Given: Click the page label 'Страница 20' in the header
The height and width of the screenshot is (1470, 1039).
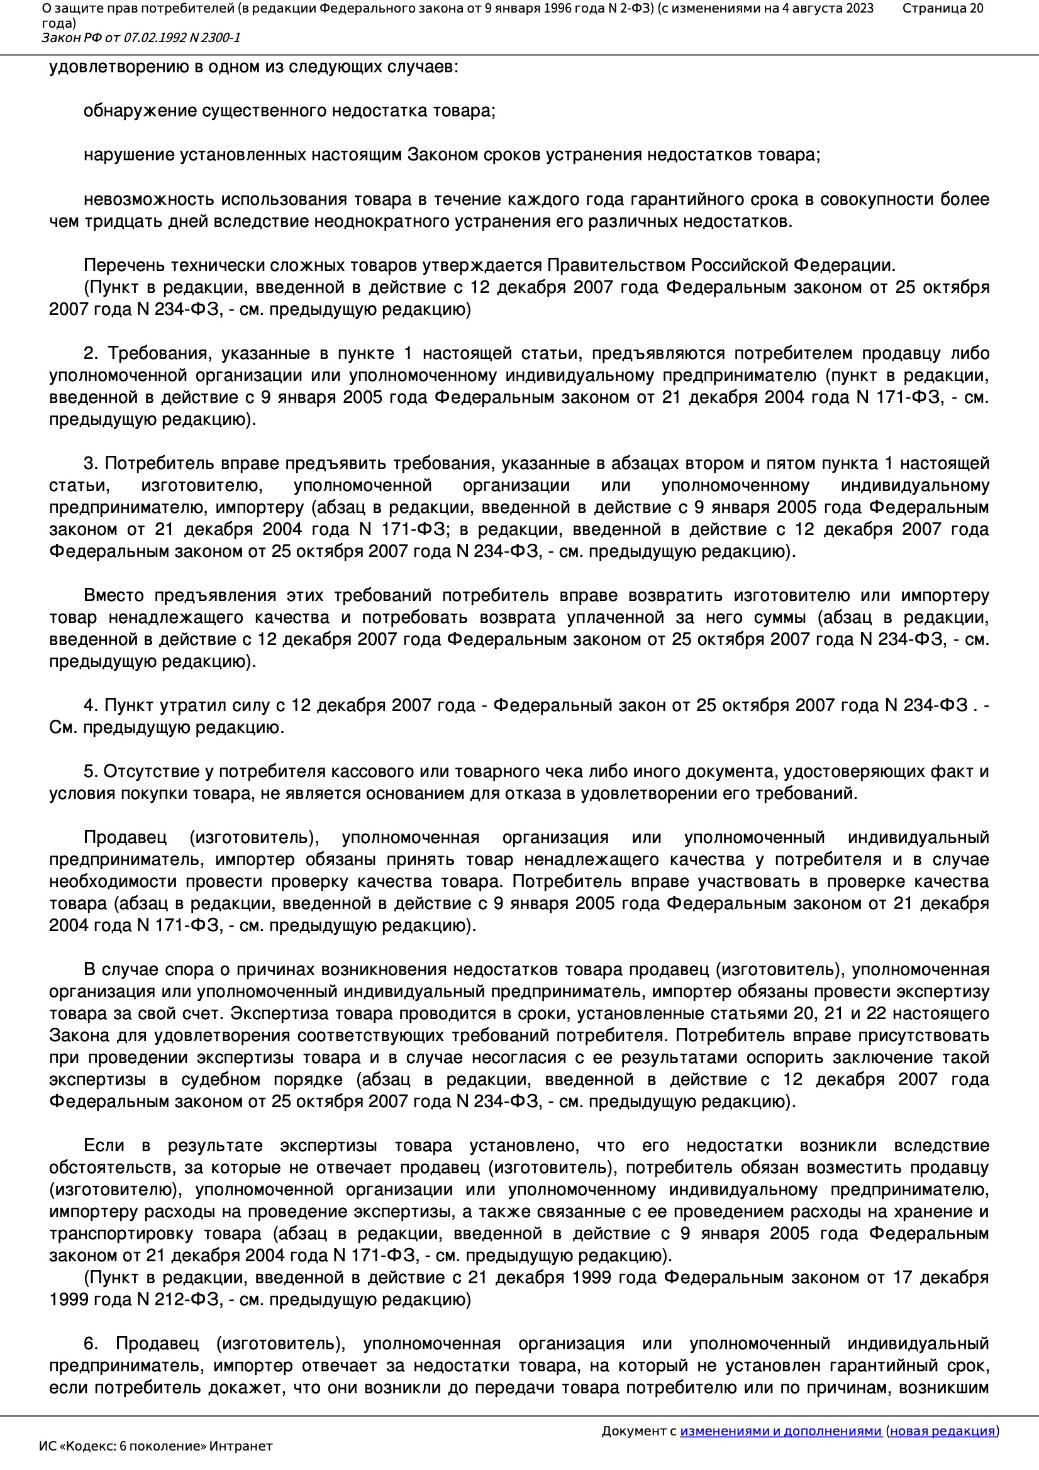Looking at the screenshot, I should tap(942, 8).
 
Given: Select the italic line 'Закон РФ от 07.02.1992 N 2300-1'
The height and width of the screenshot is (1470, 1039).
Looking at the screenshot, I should tap(141, 38).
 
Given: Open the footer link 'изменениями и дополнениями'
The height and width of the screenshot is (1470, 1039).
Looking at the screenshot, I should tap(781, 1431).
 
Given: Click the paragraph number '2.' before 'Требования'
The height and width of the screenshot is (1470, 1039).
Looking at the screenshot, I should tap(91, 353).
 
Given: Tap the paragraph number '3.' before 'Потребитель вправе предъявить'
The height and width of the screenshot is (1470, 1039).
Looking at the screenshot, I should tap(91, 463).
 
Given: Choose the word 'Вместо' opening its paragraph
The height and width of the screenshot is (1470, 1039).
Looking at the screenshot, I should tap(114, 595).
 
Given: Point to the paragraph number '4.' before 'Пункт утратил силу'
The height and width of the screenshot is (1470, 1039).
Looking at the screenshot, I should tap(91, 705).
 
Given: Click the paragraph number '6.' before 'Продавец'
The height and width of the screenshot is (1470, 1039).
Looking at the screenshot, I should tap(91, 1343).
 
